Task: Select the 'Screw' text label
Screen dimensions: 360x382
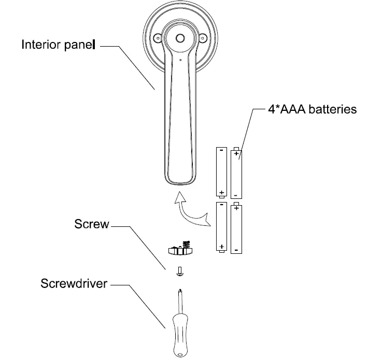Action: pyautogui.click(x=92, y=225)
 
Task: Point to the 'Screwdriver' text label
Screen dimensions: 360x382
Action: pyautogui.click(x=74, y=284)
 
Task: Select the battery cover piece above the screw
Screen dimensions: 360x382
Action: pyautogui.click(x=180, y=250)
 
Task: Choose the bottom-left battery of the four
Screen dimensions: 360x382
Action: pyautogui.click(x=221, y=228)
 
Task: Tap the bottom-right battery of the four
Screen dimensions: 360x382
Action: pyautogui.click(x=236, y=228)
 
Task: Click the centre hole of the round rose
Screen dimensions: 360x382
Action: pyautogui.click(x=180, y=38)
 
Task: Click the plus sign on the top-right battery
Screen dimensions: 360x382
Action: pyautogui.click(x=236, y=154)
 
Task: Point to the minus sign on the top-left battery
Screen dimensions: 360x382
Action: pyautogui.click(x=221, y=151)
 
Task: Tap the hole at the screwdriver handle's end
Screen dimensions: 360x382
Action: pyautogui.click(x=179, y=355)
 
